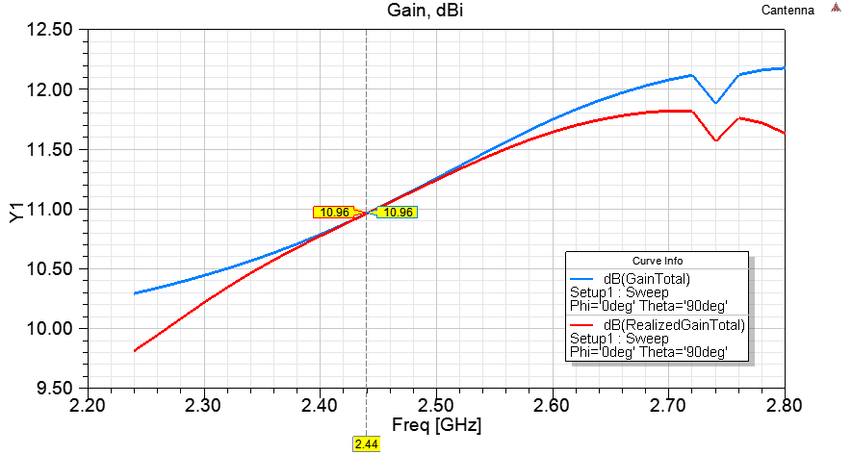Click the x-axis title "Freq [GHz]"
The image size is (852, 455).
pyautogui.click(x=436, y=424)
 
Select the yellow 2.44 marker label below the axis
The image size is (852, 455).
pyautogui.click(x=366, y=444)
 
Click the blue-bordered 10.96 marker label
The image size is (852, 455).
pyautogui.click(x=397, y=212)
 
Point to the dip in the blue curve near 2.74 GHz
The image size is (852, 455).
pyautogui.click(x=714, y=102)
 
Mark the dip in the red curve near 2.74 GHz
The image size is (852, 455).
pyautogui.click(x=715, y=140)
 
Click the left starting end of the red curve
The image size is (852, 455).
pyautogui.click(x=135, y=351)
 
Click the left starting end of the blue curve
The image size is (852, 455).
pyautogui.click(x=135, y=293)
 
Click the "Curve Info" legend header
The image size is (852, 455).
pyautogui.click(x=656, y=261)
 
